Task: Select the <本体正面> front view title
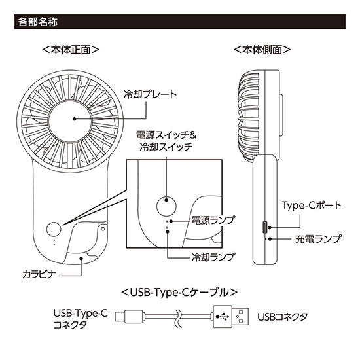click(x=71, y=50)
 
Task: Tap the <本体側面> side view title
click(x=262, y=50)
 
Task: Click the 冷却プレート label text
click(x=150, y=94)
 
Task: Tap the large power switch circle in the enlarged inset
click(x=166, y=207)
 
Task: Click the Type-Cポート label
click(x=312, y=206)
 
